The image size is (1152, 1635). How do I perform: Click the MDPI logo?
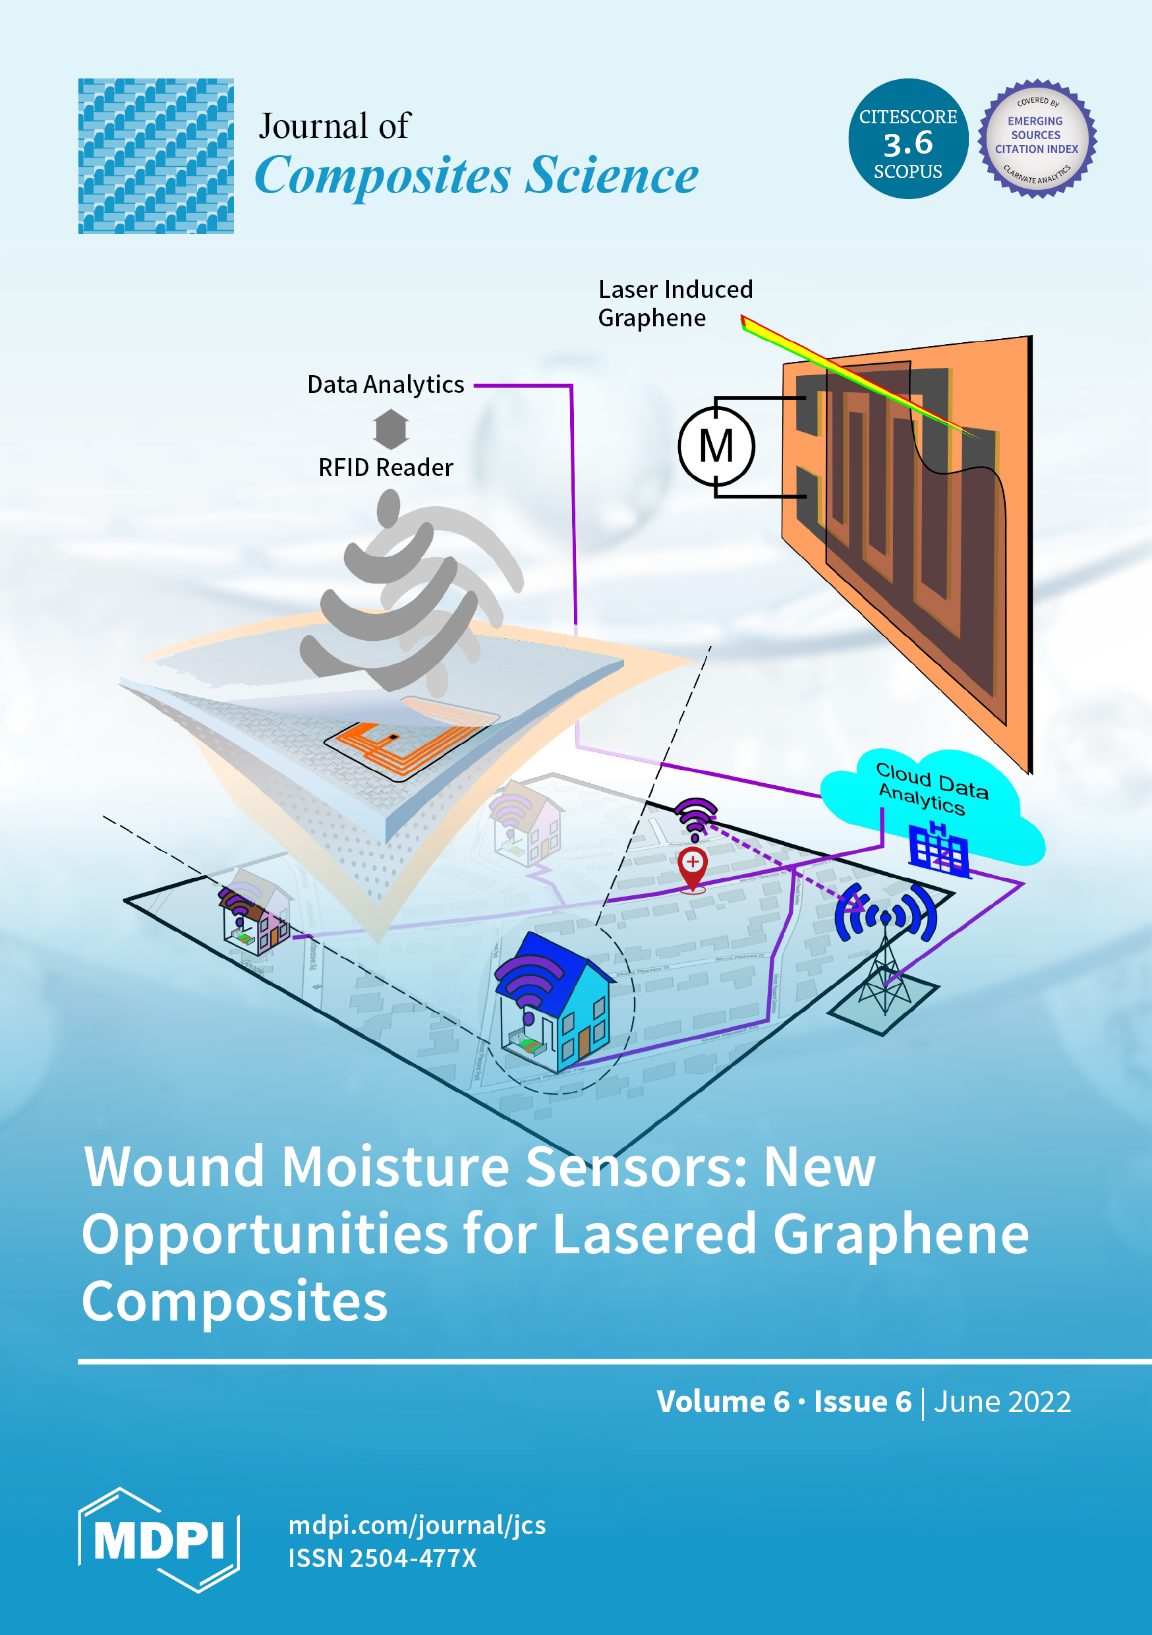click(x=158, y=1539)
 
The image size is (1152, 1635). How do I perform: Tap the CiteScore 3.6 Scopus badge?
click(x=907, y=139)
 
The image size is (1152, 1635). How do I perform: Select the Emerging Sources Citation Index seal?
click(x=1037, y=139)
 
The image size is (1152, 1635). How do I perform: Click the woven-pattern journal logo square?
click(x=156, y=156)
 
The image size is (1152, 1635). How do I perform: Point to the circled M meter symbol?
click(x=716, y=447)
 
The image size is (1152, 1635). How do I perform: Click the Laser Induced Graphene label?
click(x=675, y=303)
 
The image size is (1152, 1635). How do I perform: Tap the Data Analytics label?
click(x=385, y=384)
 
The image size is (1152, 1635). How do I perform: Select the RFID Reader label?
click(x=385, y=468)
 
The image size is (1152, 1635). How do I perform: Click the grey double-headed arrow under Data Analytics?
click(x=391, y=429)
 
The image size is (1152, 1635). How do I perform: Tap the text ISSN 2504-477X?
click(x=382, y=1558)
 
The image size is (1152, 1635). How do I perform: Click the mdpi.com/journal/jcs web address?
click(x=417, y=1525)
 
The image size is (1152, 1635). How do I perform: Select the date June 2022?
click(x=1002, y=1402)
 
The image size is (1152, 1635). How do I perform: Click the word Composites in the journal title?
click(x=383, y=175)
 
